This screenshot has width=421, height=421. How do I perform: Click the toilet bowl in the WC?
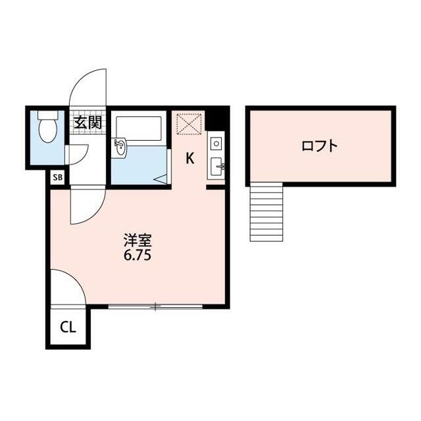pyautogui.click(x=48, y=131)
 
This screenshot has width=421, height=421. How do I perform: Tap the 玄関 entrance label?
pyautogui.click(x=87, y=122)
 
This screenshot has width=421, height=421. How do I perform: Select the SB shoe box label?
pyautogui.click(x=58, y=178)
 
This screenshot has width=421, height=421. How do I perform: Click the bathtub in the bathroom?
pyautogui.click(x=139, y=128)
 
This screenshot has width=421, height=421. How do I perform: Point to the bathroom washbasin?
pyautogui.click(x=120, y=147)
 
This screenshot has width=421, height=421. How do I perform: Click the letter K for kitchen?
pyautogui.click(x=190, y=159)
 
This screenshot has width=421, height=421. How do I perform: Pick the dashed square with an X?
pyautogui.click(x=189, y=124)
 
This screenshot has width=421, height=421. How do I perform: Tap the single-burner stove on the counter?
pyautogui.click(x=216, y=143)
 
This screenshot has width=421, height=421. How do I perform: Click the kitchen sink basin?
pyautogui.click(x=216, y=166)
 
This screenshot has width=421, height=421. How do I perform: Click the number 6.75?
pyautogui.click(x=137, y=255)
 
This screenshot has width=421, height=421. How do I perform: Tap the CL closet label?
pyautogui.click(x=68, y=328)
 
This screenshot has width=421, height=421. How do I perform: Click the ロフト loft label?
pyautogui.click(x=320, y=146)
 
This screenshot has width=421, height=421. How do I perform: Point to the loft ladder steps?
pyautogui.click(x=266, y=212)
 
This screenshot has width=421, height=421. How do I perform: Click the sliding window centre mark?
pyautogui.click(x=155, y=307)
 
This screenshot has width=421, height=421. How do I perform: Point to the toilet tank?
pyautogui.click(x=48, y=115)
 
